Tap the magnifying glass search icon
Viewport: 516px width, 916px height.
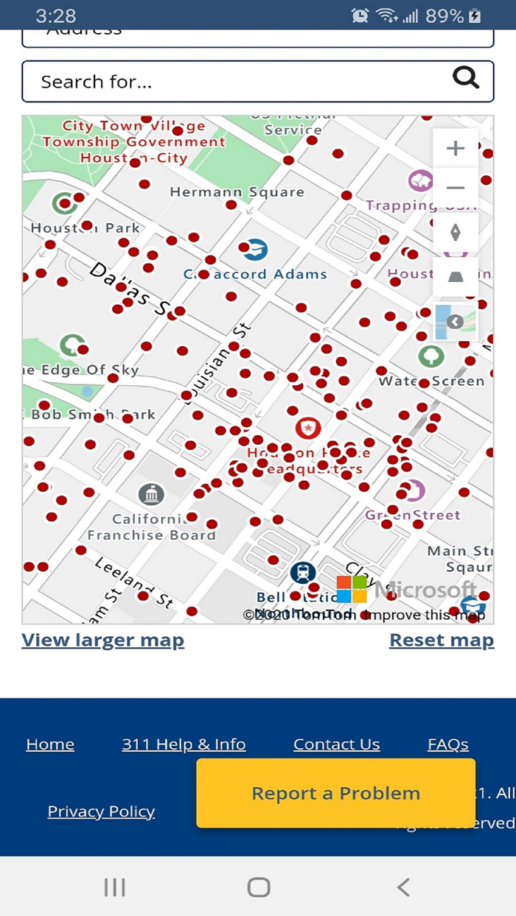(466, 77)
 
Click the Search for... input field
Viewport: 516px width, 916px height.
(236, 81)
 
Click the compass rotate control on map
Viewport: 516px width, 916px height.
(456, 233)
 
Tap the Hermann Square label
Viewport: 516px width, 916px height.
(237, 192)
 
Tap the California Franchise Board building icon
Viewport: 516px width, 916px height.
(151, 494)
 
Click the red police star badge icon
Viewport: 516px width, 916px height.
(307, 427)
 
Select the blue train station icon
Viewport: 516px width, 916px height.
(302, 572)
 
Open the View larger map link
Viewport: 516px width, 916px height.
(102, 641)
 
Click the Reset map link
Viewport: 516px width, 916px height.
(442, 641)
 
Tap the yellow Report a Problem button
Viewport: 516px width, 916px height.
(335, 793)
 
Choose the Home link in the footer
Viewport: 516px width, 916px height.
(50, 744)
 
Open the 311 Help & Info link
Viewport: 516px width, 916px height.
(184, 744)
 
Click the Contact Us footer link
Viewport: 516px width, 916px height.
(337, 744)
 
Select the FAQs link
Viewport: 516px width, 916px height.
(448, 744)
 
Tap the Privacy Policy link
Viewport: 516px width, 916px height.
(101, 811)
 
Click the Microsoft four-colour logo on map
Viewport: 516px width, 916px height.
(352, 589)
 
